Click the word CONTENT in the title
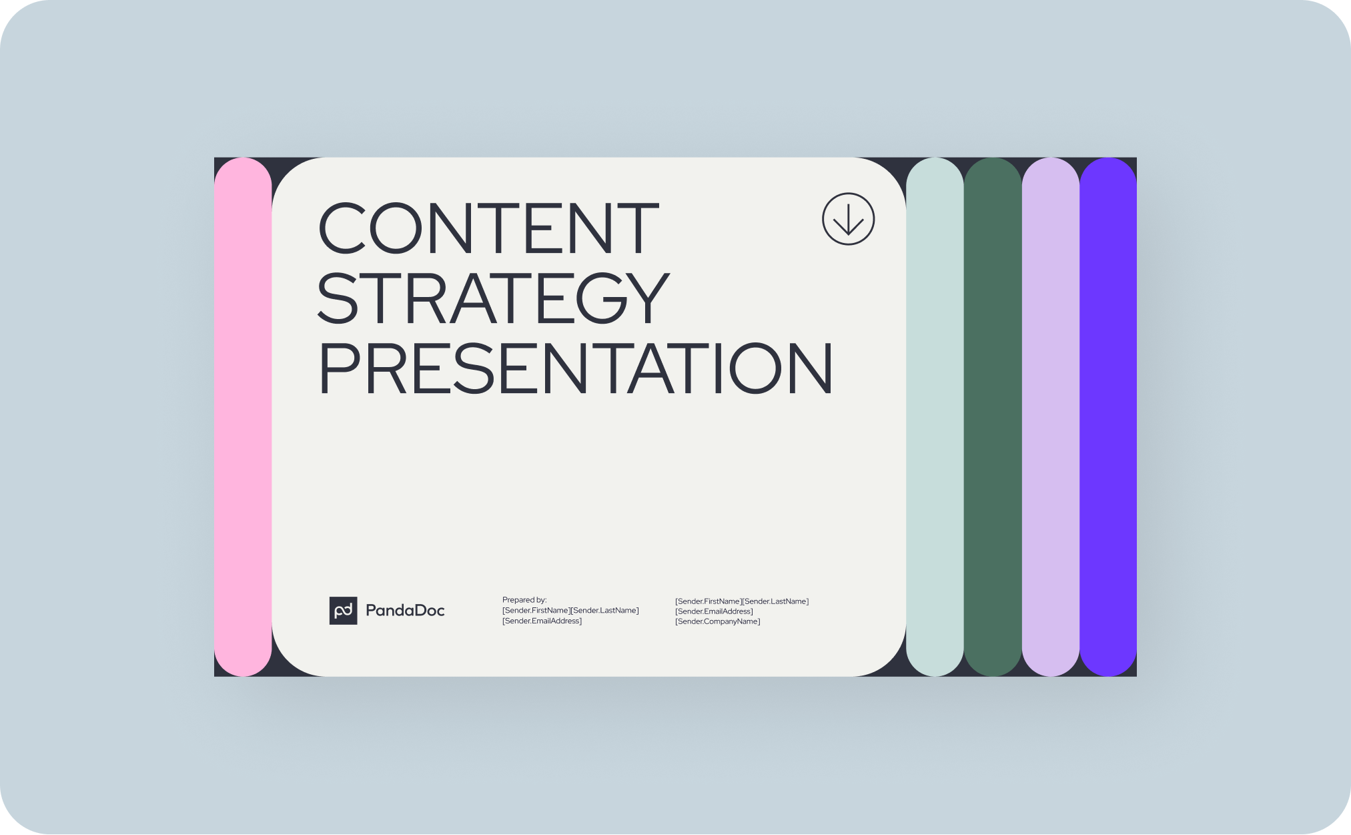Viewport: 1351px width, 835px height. [488, 228]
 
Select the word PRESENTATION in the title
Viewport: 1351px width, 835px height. [575, 368]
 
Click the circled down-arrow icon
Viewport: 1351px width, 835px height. [848, 219]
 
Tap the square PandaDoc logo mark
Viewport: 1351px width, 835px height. [343, 611]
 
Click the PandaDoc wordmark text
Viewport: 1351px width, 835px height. [405, 611]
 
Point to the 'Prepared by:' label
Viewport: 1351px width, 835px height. [524, 600]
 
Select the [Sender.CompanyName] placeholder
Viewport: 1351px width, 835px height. [717, 621]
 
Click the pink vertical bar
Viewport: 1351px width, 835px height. [243, 417]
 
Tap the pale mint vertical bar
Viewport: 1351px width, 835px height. [935, 417]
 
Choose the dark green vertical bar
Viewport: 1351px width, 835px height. [993, 417]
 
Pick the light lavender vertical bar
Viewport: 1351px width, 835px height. [1050, 417]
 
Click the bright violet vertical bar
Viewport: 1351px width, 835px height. [1108, 417]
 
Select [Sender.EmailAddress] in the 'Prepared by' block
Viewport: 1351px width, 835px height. [542, 621]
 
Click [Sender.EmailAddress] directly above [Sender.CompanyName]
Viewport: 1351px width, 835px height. [714, 611]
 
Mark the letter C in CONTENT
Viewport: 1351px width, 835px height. [341, 228]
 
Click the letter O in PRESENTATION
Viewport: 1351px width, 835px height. [755, 368]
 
